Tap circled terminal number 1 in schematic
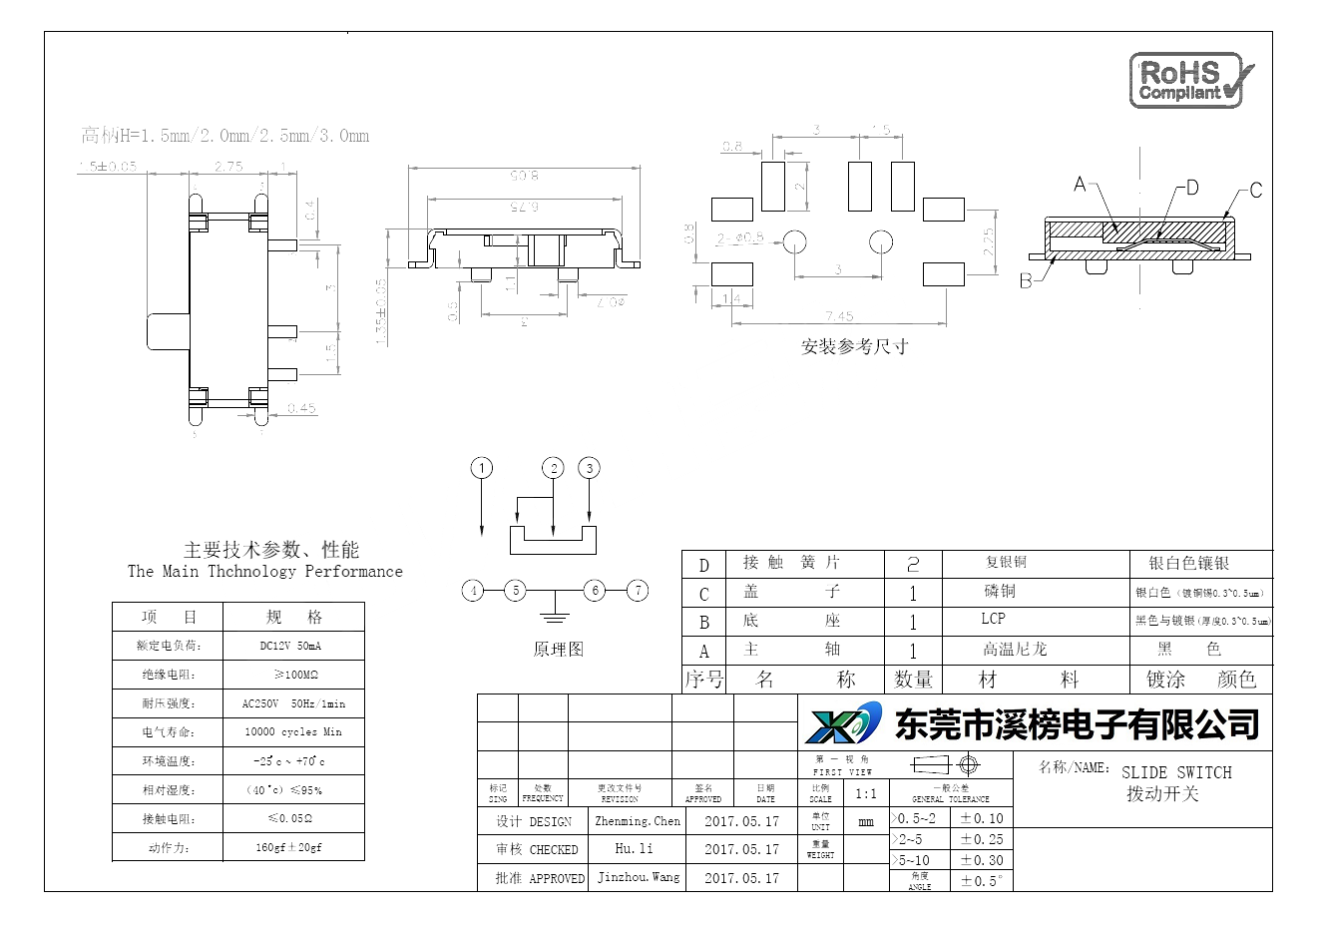pos(483,468)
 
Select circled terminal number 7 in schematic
pos(638,590)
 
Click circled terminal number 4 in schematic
pos(474,590)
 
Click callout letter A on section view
pos(1079,185)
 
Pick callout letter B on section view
pos(1026,281)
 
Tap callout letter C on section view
pos(1255,191)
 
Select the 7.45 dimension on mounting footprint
pos(840,316)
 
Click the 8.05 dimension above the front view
pos(526,177)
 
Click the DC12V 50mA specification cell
pos(290,646)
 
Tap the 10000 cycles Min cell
pos(292,731)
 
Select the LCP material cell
pos(993,619)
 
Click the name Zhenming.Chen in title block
pos(638,821)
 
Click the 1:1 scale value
pos(866,793)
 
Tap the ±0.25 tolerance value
pos(982,839)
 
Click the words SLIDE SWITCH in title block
pos(1176,772)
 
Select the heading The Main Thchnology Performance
pos(265,572)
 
